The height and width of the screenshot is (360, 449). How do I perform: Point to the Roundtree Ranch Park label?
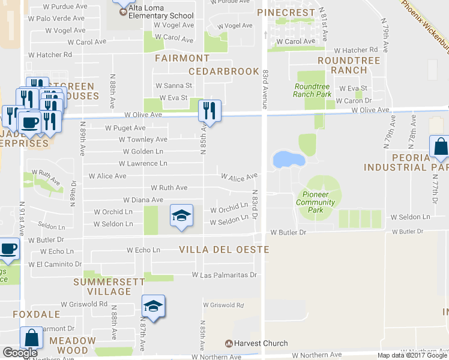[x=312, y=91]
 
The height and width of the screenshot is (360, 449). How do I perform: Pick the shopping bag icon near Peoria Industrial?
[x=440, y=148]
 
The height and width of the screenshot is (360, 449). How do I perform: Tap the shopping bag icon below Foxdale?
[x=31, y=338]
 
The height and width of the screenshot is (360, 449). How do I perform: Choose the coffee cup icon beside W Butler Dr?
[x=8, y=248]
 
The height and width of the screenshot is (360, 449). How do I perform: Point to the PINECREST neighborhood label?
[x=286, y=12]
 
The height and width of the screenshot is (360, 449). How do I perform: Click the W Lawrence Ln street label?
[x=143, y=163]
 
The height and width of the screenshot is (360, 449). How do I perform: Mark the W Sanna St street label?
[x=173, y=86]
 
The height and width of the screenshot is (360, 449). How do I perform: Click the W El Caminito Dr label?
[x=55, y=264]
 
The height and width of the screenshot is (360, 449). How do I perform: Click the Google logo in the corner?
[x=20, y=353]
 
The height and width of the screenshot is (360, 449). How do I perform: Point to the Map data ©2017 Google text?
[x=412, y=355]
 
